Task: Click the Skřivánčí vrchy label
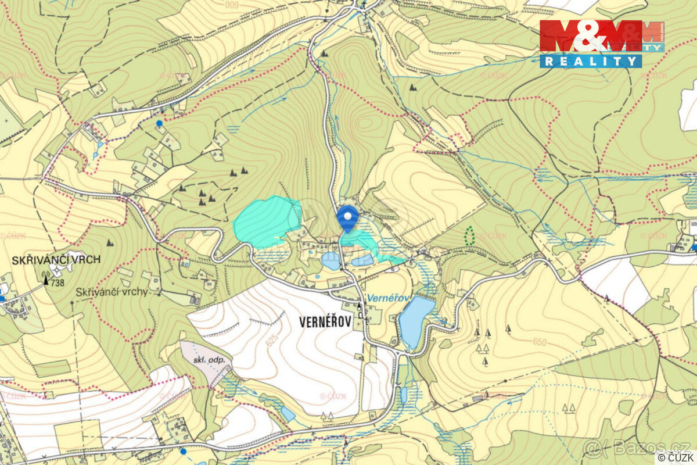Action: [x=112, y=292]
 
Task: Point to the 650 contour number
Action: [x=538, y=342]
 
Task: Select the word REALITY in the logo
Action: [x=591, y=61]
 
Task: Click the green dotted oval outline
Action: [x=469, y=235]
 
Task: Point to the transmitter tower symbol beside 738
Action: [x=46, y=280]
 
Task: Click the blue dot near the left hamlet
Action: [x=159, y=123]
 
